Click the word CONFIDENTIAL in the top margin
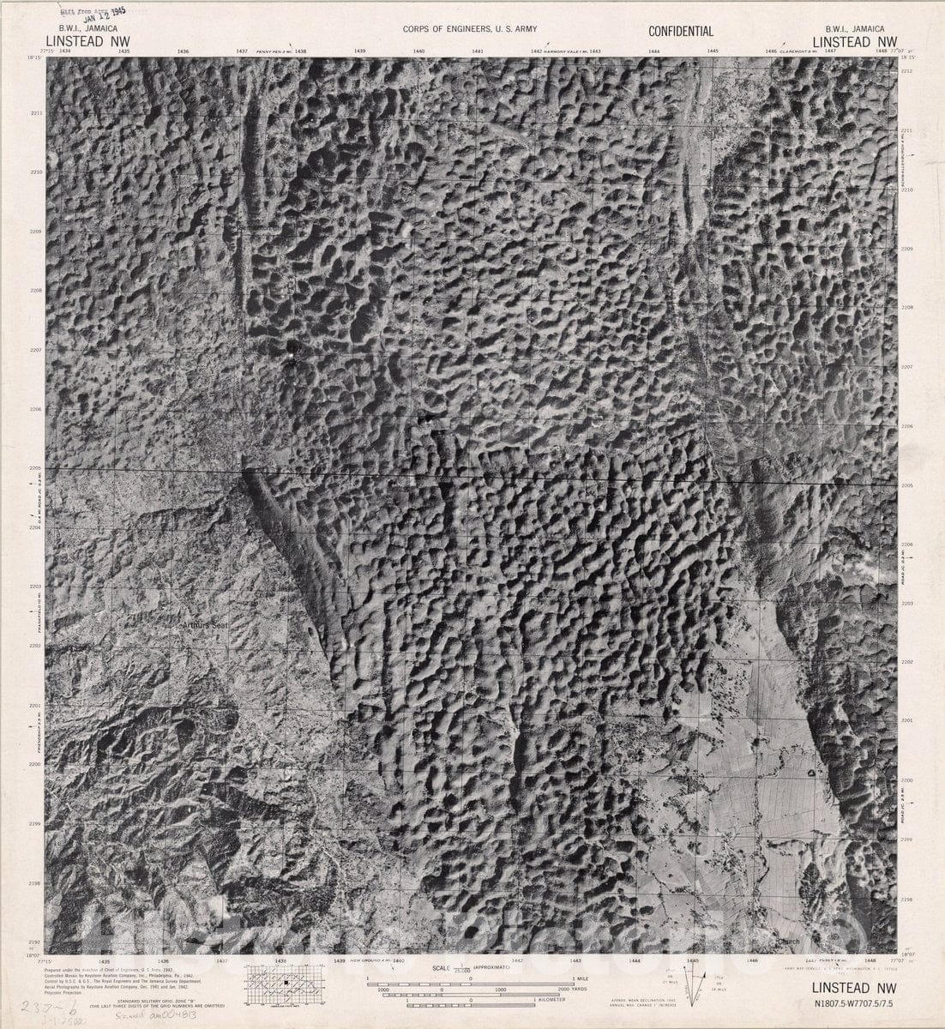[x=681, y=32]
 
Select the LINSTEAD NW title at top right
[x=854, y=40]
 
